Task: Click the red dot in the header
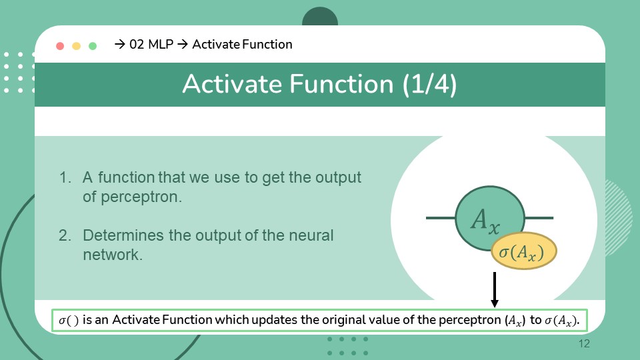(x=60, y=46)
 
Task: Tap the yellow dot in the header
(x=76, y=46)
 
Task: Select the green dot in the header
(x=93, y=46)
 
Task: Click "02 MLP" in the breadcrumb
(x=151, y=44)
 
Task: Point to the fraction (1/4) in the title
(x=429, y=84)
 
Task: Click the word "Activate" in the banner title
(x=232, y=84)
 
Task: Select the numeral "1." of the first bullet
(x=65, y=177)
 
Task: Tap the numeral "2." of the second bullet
(x=65, y=235)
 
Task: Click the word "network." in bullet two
(x=113, y=255)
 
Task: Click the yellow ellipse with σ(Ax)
(x=524, y=251)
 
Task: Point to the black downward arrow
(x=495, y=290)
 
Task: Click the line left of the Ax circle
(x=441, y=218)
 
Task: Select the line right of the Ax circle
(x=539, y=218)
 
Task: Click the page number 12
(x=584, y=344)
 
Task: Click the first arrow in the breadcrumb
(x=119, y=44)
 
